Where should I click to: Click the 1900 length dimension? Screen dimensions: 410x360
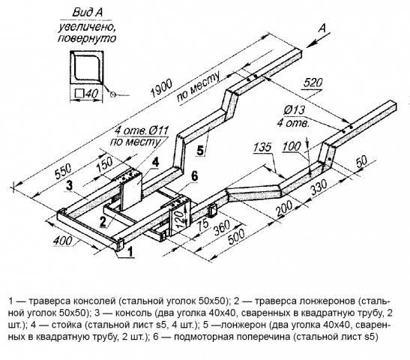(x=162, y=88)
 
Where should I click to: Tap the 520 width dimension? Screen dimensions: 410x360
(x=313, y=83)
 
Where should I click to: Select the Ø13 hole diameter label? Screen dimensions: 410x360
(x=295, y=110)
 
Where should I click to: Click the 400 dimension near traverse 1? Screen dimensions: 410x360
(x=62, y=241)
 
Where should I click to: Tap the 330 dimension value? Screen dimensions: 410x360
(x=319, y=187)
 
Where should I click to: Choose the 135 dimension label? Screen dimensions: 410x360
(x=262, y=147)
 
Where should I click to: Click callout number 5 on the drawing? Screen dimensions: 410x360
(x=200, y=151)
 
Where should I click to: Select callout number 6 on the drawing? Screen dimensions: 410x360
(x=195, y=177)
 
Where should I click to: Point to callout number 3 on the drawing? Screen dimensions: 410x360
(x=69, y=186)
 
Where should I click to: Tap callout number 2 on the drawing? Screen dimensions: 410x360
(x=103, y=222)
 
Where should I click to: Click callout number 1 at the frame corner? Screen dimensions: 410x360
(x=130, y=253)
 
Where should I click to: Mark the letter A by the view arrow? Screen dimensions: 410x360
(x=323, y=28)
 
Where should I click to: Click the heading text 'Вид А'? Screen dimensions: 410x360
(x=88, y=12)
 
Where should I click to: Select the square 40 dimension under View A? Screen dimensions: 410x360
(x=86, y=94)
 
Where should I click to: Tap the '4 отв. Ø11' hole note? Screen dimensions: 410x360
(x=142, y=130)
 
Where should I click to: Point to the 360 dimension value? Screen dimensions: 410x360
(x=223, y=227)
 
